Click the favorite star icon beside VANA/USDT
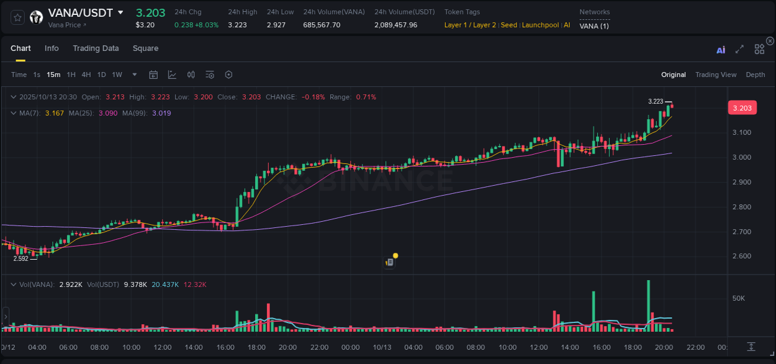coord(18,17)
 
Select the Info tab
coord(52,48)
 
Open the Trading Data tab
coord(96,48)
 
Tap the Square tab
coord(145,48)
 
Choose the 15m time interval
coord(53,75)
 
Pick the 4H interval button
coord(86,75)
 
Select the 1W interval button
coord(117,75)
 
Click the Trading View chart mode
coord(715,75)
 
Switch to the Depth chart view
coord(755,75)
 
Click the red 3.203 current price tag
coord(742,108)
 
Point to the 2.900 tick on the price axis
coord(741,182)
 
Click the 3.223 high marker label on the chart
coord(655,101)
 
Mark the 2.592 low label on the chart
coord(20,258)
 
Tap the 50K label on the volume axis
coord(738,298)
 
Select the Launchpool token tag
coord(539,25)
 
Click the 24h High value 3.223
coord(238,25)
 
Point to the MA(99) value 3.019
coord(161,113)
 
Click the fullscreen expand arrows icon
coord(739,50)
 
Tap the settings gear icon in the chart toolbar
coord(228,75)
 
